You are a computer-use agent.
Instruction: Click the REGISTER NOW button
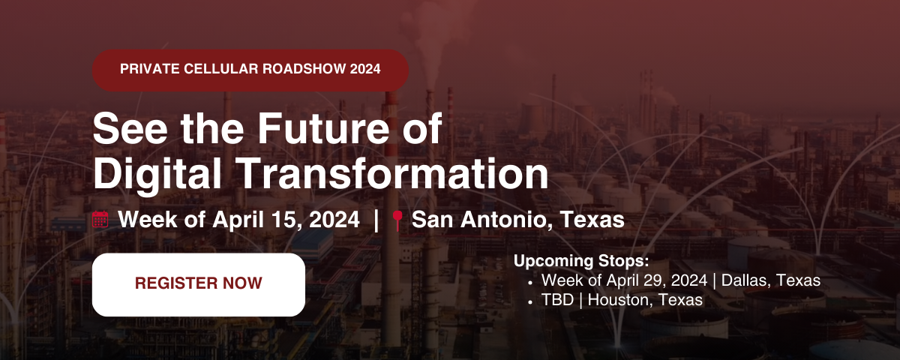(199, 284)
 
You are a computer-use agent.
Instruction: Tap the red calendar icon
(100, 219)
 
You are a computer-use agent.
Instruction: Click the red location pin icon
(397, 220)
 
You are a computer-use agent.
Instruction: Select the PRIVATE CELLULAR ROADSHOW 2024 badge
(250, 70)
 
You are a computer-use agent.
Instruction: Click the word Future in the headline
(323, 128)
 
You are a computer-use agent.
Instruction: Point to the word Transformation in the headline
(394, 173)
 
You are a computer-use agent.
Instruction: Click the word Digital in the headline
(157, 175)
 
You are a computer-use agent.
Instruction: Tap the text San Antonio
(481, 220)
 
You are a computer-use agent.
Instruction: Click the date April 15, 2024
(286, 220)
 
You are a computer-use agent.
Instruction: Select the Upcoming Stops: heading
(581, 261)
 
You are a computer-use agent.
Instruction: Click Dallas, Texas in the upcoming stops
(771, 280)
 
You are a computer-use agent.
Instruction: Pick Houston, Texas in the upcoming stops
(645, 300)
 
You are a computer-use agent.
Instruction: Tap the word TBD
(557, 300)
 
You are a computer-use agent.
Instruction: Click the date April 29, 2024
(656, 280)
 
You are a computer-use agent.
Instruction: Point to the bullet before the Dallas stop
(530, 283)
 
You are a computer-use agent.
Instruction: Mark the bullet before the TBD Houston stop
(530, 302)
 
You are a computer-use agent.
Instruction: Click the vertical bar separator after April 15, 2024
(376, 220)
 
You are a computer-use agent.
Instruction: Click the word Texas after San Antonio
(592, 219)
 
